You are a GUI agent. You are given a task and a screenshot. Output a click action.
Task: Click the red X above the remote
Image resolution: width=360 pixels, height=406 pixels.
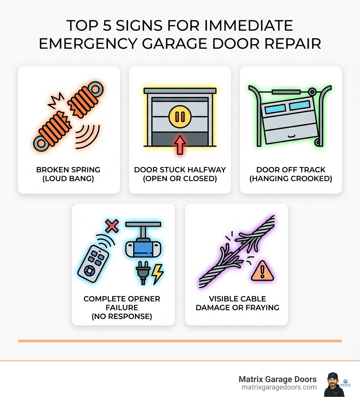(x=111, y=226)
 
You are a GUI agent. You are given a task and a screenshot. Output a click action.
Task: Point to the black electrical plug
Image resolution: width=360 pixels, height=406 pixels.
(x=143, y=273)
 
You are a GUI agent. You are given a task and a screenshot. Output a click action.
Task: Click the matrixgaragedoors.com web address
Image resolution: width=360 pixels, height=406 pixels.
(x=279, y=387)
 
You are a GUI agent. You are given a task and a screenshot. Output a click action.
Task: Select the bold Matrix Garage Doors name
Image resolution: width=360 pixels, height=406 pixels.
(x=277, y=379)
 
